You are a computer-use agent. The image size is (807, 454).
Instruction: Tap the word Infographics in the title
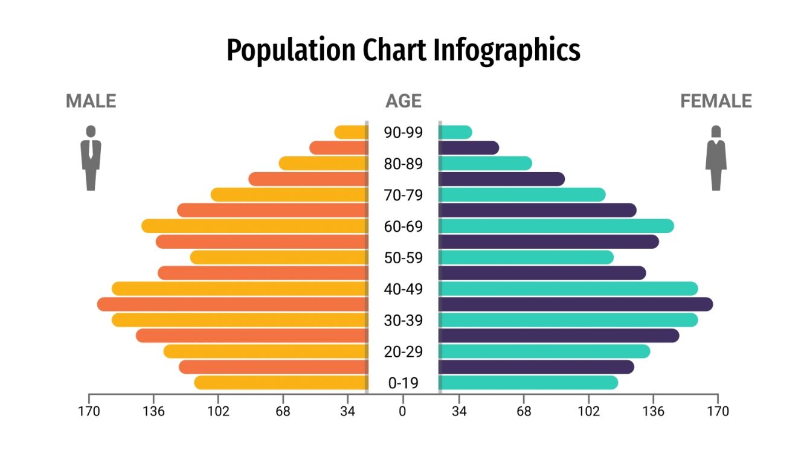(x=507, y=51)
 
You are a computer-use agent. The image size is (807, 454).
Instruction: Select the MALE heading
(x=91, y=101)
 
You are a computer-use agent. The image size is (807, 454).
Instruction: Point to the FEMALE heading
(x=716, y=101)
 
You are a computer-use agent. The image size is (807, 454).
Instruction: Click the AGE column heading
(x=403, y=101)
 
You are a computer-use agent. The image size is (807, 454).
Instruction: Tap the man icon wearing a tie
(x=91, y=158)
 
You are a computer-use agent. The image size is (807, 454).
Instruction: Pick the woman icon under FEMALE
(x=716, y=158)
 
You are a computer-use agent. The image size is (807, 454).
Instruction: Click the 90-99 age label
(x=403, y=132)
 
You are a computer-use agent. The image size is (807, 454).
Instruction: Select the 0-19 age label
(x=403, y=383)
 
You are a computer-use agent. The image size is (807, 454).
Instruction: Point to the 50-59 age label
(x=403, y=258)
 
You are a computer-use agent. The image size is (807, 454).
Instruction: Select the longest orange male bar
(x=233, y=304)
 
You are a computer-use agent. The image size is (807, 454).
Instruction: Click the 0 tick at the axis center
(x=403, y=411)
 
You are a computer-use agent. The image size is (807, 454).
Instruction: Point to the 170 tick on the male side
(x=89, y=411)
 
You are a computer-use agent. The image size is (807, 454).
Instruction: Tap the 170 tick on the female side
(x=718, y=411)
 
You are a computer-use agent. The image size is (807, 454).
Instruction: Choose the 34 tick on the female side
(x=459, y=411)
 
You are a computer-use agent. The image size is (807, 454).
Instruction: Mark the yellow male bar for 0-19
(x=281, y=383)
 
